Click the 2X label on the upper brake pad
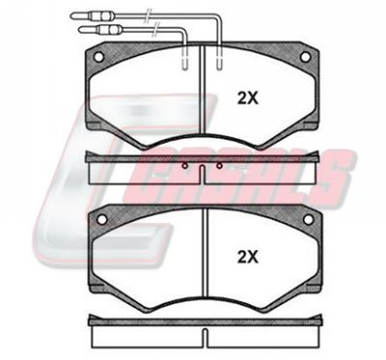point(248,98)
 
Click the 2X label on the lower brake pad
point(248,257)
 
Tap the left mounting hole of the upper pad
point(98,57)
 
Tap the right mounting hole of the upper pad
point(305,57)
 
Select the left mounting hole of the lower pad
point(101,220)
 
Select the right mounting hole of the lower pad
point(308,220)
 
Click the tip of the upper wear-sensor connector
point(72,15)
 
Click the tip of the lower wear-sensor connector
point(80,30)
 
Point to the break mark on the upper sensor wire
point(148,15)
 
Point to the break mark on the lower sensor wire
point(156,30)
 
